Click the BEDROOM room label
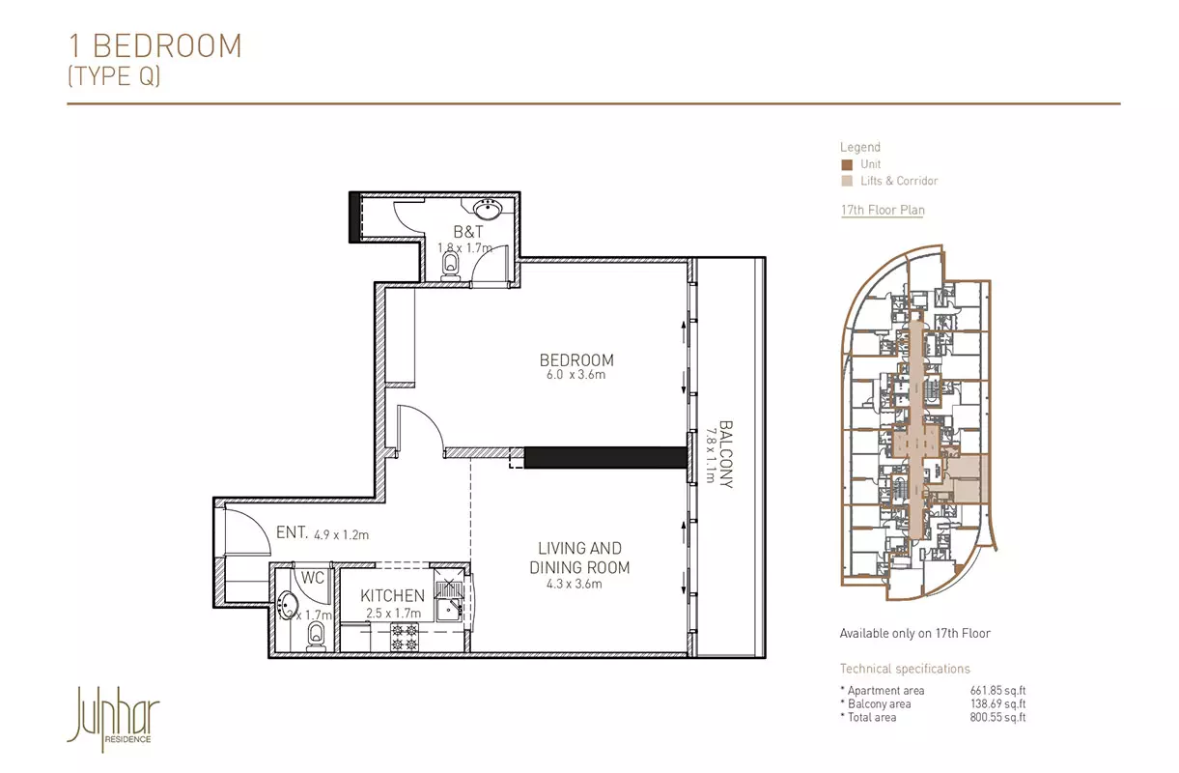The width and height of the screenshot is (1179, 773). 576,360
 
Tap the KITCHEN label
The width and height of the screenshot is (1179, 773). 393,595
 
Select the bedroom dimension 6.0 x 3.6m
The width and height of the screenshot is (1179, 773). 575,375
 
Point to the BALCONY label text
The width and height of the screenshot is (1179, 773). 726,454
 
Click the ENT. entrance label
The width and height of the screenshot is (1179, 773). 292,532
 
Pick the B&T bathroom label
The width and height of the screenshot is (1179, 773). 468,232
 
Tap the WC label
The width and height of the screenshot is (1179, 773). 312,578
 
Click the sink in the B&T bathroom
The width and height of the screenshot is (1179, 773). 488,210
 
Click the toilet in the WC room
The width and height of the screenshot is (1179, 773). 316,636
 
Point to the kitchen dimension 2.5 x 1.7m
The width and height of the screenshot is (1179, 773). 393,614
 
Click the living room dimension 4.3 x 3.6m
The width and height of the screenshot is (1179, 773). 574,584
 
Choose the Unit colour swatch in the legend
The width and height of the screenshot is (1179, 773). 847,165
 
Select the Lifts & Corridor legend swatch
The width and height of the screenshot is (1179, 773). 847,181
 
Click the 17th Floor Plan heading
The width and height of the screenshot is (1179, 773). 883,210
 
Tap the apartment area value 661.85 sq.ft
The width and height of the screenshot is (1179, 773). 997,690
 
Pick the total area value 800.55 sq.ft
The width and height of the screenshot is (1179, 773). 997,717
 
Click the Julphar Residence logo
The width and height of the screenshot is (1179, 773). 113,719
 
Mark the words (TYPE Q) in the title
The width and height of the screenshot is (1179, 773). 114,76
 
